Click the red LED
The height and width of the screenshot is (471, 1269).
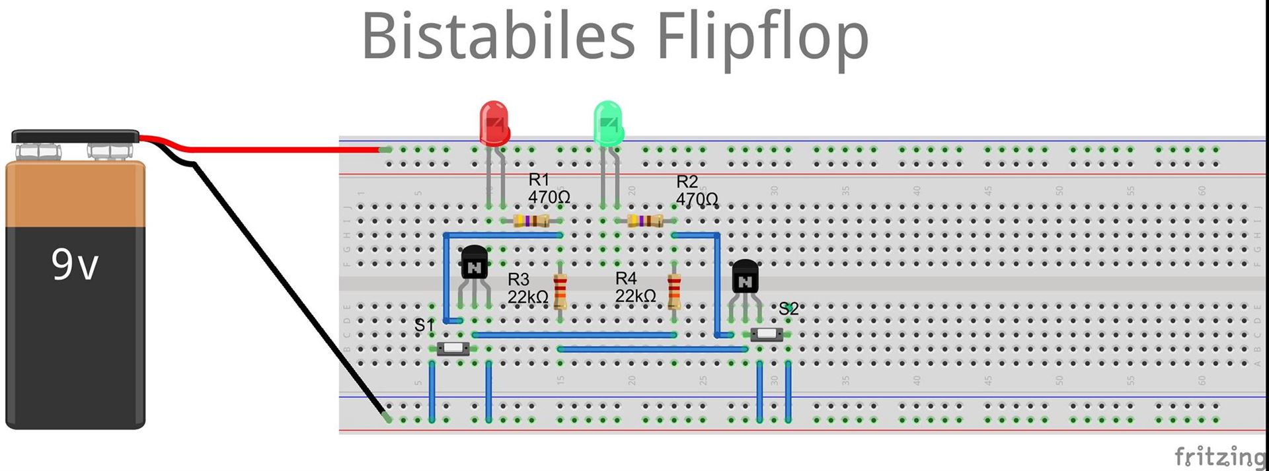(494, 123)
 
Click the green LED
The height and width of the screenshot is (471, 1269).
(608, 123)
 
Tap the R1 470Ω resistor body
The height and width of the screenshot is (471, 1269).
(531, 221)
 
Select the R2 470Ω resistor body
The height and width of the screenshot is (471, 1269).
(645, 221)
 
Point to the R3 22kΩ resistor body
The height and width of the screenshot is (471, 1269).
(560, 291)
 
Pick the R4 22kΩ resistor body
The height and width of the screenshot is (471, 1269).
(674, 291)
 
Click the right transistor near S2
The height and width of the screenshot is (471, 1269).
(745, 277)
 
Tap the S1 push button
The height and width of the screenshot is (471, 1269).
(453, 348)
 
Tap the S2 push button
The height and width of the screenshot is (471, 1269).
(767, 334)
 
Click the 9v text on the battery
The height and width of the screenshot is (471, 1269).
(75, 265)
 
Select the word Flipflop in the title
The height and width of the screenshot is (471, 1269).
(761, 38)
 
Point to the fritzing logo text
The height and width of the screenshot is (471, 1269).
(1219, 456)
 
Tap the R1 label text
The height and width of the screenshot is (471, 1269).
(539, 179)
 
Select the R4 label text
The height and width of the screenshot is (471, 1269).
(626, 278)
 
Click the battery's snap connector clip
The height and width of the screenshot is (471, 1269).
(75, 137)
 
